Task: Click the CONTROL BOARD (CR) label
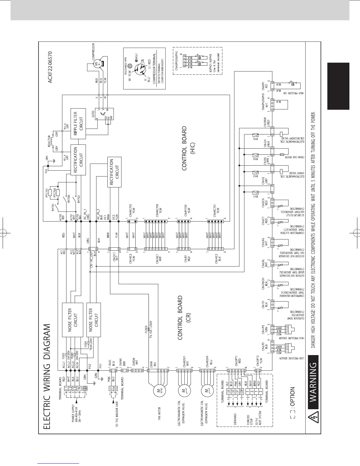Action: pyautogui.click(x=186, y=318)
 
